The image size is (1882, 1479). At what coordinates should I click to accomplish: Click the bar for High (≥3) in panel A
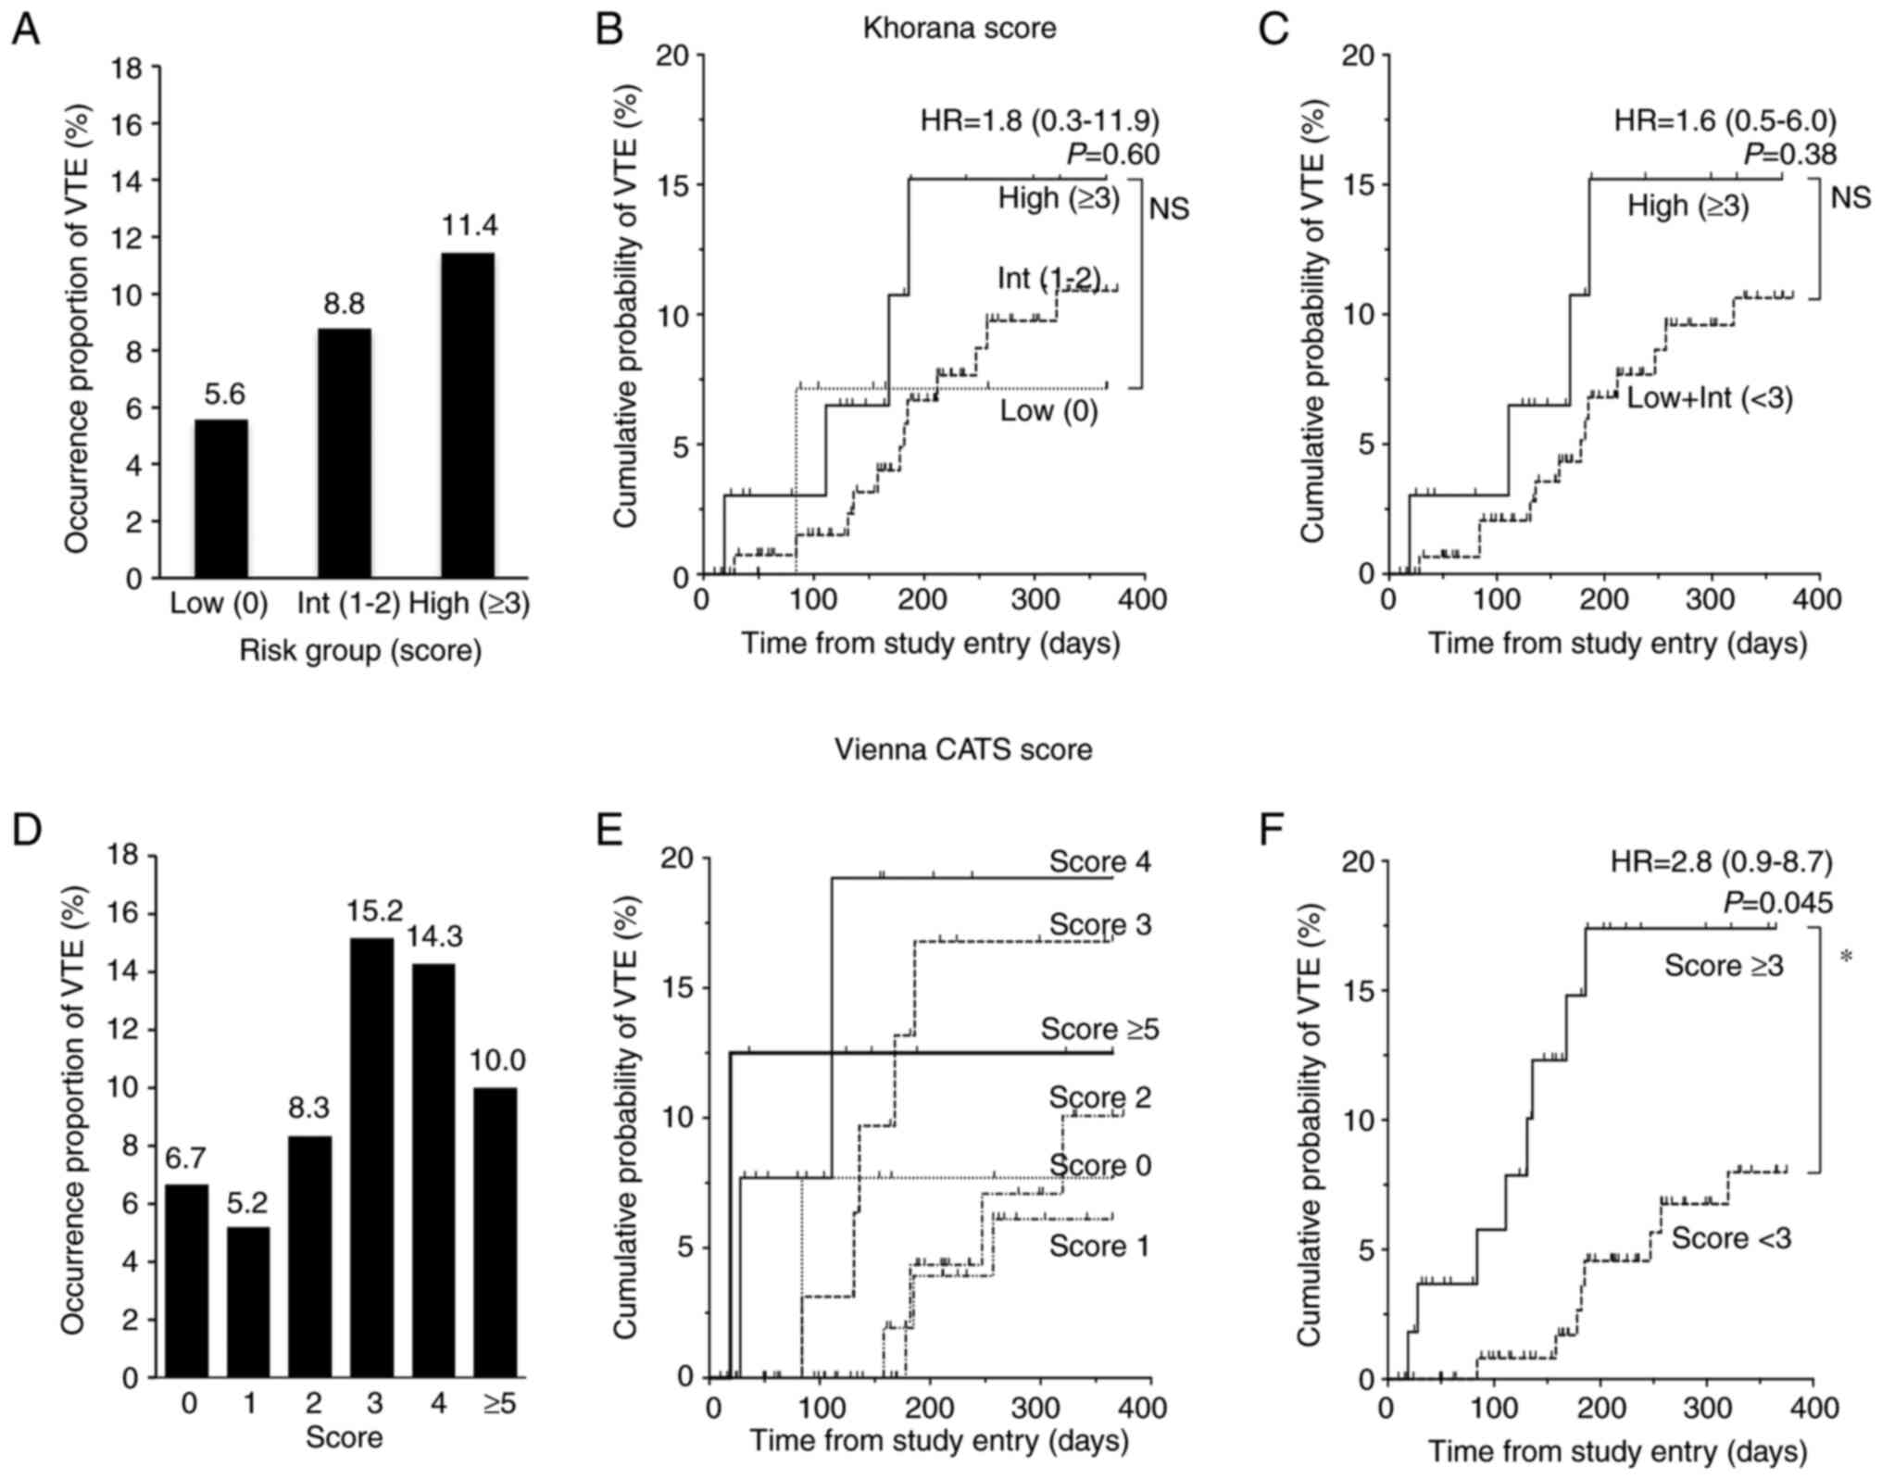click(x=467, y=415)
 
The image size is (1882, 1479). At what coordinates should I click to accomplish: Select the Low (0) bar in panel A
click(x=220, y=498)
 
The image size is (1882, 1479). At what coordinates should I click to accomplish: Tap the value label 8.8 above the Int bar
click(x=344, y=304)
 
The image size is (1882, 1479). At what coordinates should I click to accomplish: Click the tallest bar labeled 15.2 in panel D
click(x=373, y=1158)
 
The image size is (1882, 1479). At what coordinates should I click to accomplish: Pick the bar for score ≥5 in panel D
click(x=498, y=1232)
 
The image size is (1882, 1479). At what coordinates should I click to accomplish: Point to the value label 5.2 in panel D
click(x=249, y=1203)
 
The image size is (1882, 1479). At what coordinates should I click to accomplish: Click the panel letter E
click(x=609, y=831)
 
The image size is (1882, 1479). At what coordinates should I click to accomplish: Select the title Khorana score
click(x=959, y=28)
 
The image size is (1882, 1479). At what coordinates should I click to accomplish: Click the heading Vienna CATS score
click(x=963, y=748)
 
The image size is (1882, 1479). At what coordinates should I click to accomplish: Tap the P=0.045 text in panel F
click(x=1777, y=902)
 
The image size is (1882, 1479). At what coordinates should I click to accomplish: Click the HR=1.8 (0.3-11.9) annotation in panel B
click(x=1039, y=120)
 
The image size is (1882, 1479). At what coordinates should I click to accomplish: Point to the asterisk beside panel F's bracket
click(x=1846, y=958)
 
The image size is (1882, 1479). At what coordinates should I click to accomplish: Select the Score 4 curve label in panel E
click(x=1099, y=861)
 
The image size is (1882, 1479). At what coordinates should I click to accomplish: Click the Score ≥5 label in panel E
click(x=1099, y=1029)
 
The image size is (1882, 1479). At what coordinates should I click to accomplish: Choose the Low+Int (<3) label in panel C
click(x=1710, y=398)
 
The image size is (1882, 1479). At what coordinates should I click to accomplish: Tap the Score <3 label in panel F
click(x=1731, y=1237)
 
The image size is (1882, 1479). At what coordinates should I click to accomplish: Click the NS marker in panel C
click(x=1851, y=197)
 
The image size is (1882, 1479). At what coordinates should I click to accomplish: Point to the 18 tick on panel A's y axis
click(x=127, y=68)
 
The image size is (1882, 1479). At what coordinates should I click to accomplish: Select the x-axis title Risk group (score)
click(x=360, y=651)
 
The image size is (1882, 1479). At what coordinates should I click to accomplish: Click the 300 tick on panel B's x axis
click(x=1035, y=600)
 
